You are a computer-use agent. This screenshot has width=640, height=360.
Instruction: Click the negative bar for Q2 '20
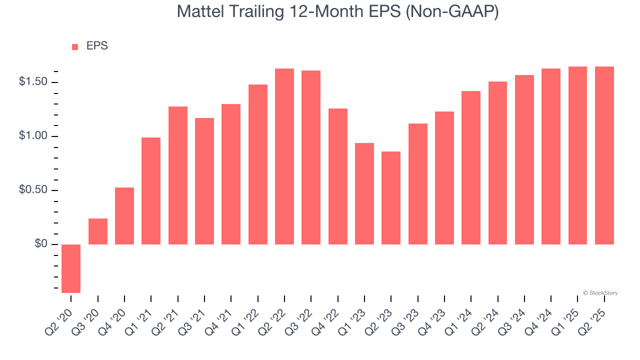click(71, 268)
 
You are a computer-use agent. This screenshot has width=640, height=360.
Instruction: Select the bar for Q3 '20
click(98, 231)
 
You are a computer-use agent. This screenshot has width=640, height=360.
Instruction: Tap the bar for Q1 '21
click(151, 191)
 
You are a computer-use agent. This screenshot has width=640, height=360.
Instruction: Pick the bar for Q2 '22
click(284, 156)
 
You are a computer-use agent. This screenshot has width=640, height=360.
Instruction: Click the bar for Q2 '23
click(391, 198)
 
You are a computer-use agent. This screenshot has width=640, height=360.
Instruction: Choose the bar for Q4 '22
click(338, 176)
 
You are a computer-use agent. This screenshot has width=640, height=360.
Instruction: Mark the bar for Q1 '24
click(471, 167)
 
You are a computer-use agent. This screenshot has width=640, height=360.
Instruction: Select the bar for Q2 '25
click(604, 155)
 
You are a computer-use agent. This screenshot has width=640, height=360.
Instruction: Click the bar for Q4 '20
click(124, 216)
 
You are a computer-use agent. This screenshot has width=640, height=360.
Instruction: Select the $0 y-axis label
click(40, 244)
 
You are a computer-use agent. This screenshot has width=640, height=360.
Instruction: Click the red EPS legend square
click(75, 46)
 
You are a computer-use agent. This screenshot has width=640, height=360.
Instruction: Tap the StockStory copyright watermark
click(600, 293)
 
